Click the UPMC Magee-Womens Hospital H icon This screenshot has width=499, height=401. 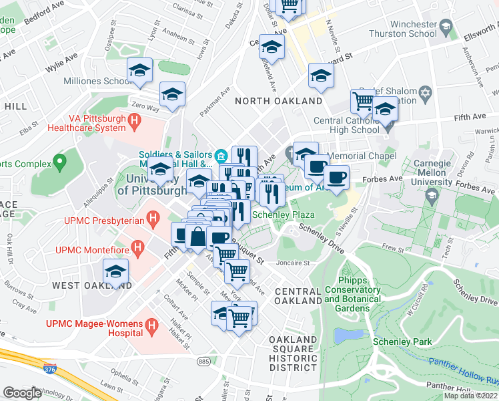pos(153,327)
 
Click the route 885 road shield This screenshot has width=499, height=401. pos(203,361)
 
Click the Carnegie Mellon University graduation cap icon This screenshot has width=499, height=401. pos(432,195)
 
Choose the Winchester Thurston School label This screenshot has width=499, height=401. pos(404,29)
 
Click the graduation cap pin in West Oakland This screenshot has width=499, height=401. pos(115,272)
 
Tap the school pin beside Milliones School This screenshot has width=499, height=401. pos(140,70)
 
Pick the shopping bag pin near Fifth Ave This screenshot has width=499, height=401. pos(199,237)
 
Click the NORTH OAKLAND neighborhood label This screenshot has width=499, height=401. pos(279,101)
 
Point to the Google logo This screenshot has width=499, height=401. pos(22,392)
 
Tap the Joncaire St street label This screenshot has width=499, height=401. pos(294,263)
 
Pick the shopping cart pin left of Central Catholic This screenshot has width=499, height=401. pos(362,101)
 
